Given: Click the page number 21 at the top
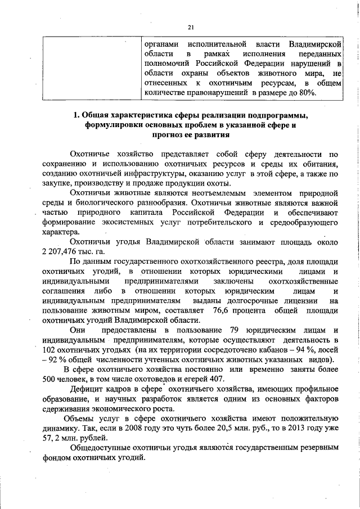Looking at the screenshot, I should [x=191, y=26].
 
